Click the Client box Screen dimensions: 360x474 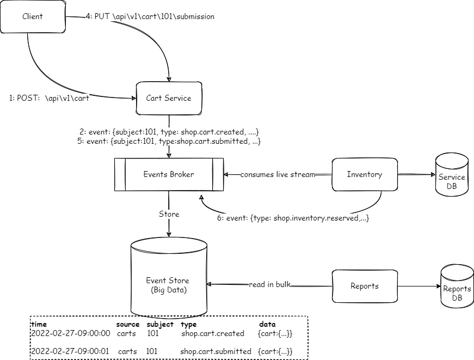pos(33,17)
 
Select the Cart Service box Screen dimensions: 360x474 pos(169,99)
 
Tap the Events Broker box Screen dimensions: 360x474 pos(169,175)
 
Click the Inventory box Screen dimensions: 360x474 pos(365,175)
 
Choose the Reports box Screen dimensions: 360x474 pos(365,286)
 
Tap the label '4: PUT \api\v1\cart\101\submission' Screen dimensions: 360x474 pos(150,17)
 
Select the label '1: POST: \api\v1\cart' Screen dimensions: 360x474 pos(50,99)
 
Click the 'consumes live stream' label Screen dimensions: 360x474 pos(278,175)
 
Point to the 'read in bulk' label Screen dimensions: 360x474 pos(270,285)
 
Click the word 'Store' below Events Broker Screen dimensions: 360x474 pos(169,214)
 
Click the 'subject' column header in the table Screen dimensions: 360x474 pos(160,325)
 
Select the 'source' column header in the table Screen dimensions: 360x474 pos(128,325)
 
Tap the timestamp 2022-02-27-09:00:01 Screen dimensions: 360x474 pos(71,351)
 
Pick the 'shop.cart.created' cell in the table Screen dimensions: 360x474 pos(213,333)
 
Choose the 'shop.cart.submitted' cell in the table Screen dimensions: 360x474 pos(216,351)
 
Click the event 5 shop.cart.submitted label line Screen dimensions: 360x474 pos(169,142)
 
